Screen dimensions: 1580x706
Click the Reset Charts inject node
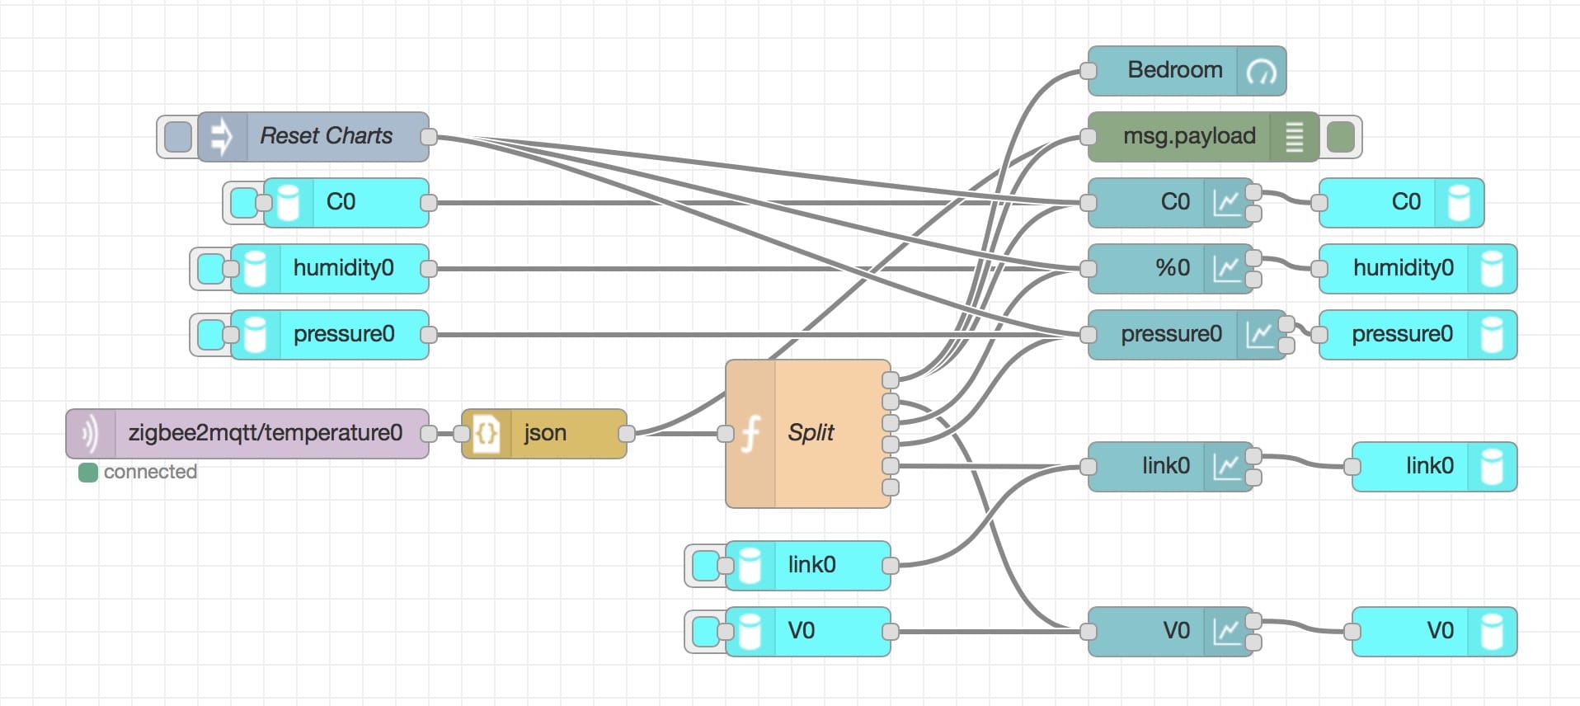[x=313, y=136]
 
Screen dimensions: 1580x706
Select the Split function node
[x=808, y=433]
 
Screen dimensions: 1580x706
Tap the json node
[x=544, y=433]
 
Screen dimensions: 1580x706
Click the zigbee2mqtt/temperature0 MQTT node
[x=247, y=433]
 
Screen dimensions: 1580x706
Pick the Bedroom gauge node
[x=1187, y=70]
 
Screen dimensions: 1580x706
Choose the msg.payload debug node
[x=1204, y=136]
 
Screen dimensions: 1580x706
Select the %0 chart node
[x=1171, y=268]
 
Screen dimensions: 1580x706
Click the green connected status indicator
[x=88, y=473]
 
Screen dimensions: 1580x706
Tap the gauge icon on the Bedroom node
[x=1262, y=72]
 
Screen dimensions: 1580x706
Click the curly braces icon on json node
[x=487, y=433]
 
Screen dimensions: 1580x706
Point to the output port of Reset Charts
[x=429, y=136]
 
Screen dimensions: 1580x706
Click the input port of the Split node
[x=726, y=433]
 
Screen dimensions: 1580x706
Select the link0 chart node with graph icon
[x=1171, y=466]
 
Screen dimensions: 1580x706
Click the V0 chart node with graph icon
[x=1171, y=631]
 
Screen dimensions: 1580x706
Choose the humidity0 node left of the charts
[x=330, y=268]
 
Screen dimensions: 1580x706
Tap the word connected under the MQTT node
[x=151, y=472]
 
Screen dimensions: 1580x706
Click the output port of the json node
[x=627, y=433]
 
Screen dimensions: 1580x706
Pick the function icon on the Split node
[x=750, y=433]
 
